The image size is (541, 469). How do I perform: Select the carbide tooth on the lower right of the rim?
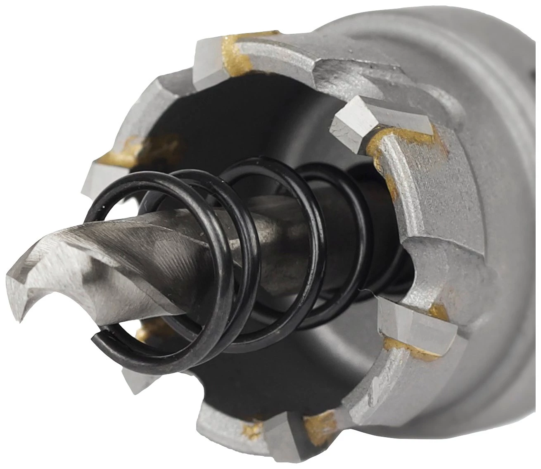(417, 322)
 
